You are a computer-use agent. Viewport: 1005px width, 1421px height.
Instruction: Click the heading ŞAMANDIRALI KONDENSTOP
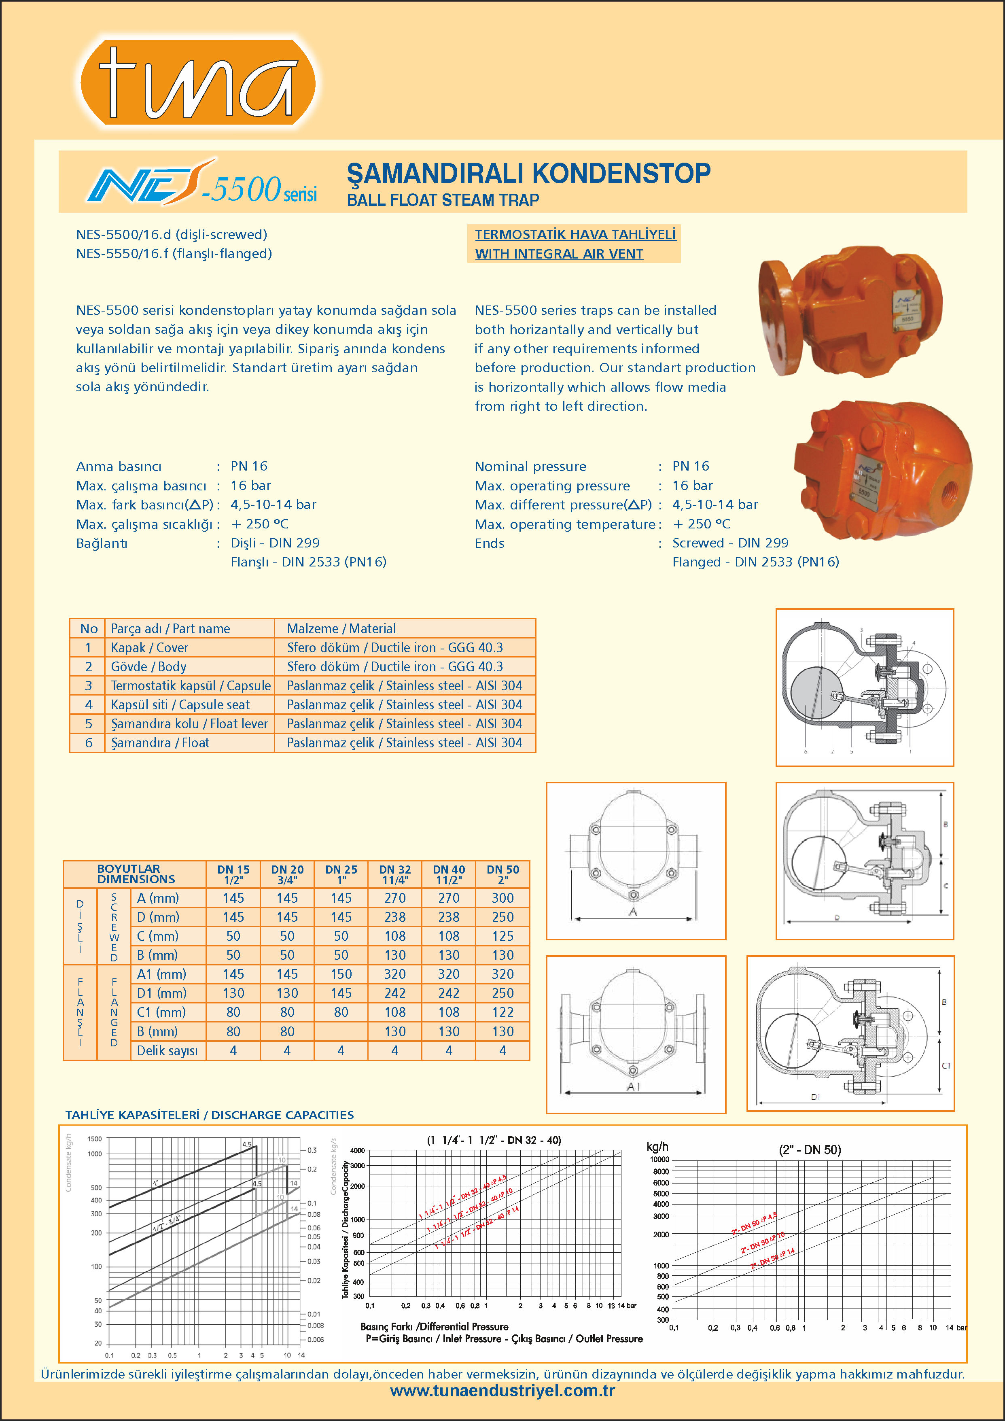point(528,173)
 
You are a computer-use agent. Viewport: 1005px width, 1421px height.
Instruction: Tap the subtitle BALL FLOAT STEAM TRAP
point(443,200)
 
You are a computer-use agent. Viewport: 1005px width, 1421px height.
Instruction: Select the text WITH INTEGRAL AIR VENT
point(559,254)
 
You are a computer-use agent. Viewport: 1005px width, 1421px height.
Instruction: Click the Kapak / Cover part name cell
point(149,647)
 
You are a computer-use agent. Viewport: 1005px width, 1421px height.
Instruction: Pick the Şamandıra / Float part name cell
point(160,743)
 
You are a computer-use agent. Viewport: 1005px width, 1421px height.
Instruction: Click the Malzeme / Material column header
point(341,628)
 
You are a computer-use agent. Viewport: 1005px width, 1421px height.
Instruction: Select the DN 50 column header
point(502,874)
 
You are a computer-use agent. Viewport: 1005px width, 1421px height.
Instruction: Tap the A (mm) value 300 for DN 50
point(502,898)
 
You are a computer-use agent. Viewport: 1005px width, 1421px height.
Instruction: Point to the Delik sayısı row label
point(167,1050)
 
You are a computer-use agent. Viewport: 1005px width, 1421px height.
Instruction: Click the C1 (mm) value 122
point(502,1012)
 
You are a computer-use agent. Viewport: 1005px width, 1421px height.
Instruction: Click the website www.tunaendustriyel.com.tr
point(502,1391)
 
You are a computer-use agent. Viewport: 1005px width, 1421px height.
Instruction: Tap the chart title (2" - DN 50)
point(810,1150)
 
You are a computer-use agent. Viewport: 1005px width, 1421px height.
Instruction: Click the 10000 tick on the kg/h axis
point(659,1159)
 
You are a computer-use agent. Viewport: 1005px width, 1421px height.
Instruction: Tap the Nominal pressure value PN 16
point(691,466)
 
